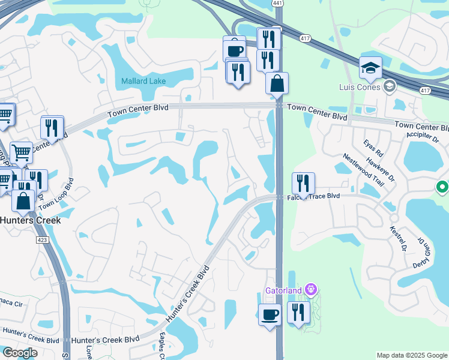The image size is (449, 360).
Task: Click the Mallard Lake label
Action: tap(143, 81)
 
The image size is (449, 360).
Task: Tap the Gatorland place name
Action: tap(285, 291)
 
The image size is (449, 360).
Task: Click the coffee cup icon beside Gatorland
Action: tap(270, 314)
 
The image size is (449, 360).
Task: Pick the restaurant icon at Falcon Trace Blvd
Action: tap(303, 183)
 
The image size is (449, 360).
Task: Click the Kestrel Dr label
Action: tap(397, 238)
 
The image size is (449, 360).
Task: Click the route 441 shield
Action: tap(277, 4)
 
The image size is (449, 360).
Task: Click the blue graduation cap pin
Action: tap(370, 68)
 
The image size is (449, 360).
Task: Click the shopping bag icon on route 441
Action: tap(277, 83)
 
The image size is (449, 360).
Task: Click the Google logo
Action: tap(20, 353)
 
